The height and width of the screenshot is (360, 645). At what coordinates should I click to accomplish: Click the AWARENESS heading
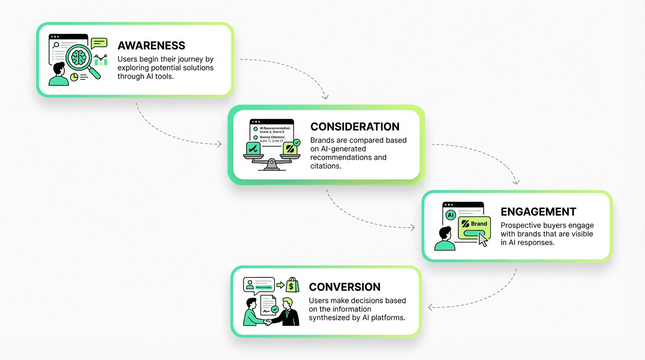[x=151, y=45]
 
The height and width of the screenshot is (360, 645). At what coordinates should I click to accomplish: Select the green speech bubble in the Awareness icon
[x=99, y=44]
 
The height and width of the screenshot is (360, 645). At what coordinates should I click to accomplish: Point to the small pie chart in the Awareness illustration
[x=74, y=77]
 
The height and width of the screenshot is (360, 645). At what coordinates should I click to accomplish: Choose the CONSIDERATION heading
[x=355, y=127]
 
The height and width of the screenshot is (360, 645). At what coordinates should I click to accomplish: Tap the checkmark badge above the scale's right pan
[x=296, y=142]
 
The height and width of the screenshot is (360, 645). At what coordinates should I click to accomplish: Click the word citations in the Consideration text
[x=324, y=166]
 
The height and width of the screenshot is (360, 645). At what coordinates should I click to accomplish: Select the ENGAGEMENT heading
[x=538, y=212]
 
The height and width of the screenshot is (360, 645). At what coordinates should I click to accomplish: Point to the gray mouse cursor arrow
[x=482, y=239]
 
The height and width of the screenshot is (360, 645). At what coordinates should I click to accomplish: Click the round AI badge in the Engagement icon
[x=450, y=215]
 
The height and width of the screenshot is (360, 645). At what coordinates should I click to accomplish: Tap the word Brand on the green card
[x=479, y=224]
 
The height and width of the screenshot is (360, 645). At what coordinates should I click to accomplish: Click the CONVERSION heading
[x=345, y=287]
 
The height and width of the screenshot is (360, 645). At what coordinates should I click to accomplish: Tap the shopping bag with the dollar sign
[x=292, y=285]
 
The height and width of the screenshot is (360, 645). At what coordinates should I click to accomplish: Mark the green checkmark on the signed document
[x=275, y=309]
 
